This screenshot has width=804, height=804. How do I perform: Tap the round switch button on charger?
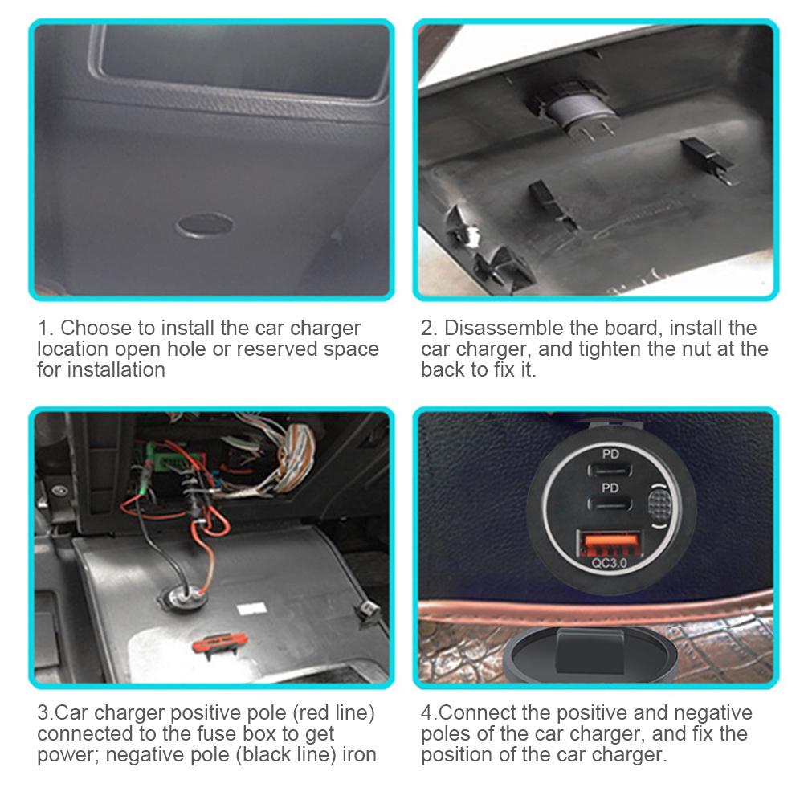click(657, 507)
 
